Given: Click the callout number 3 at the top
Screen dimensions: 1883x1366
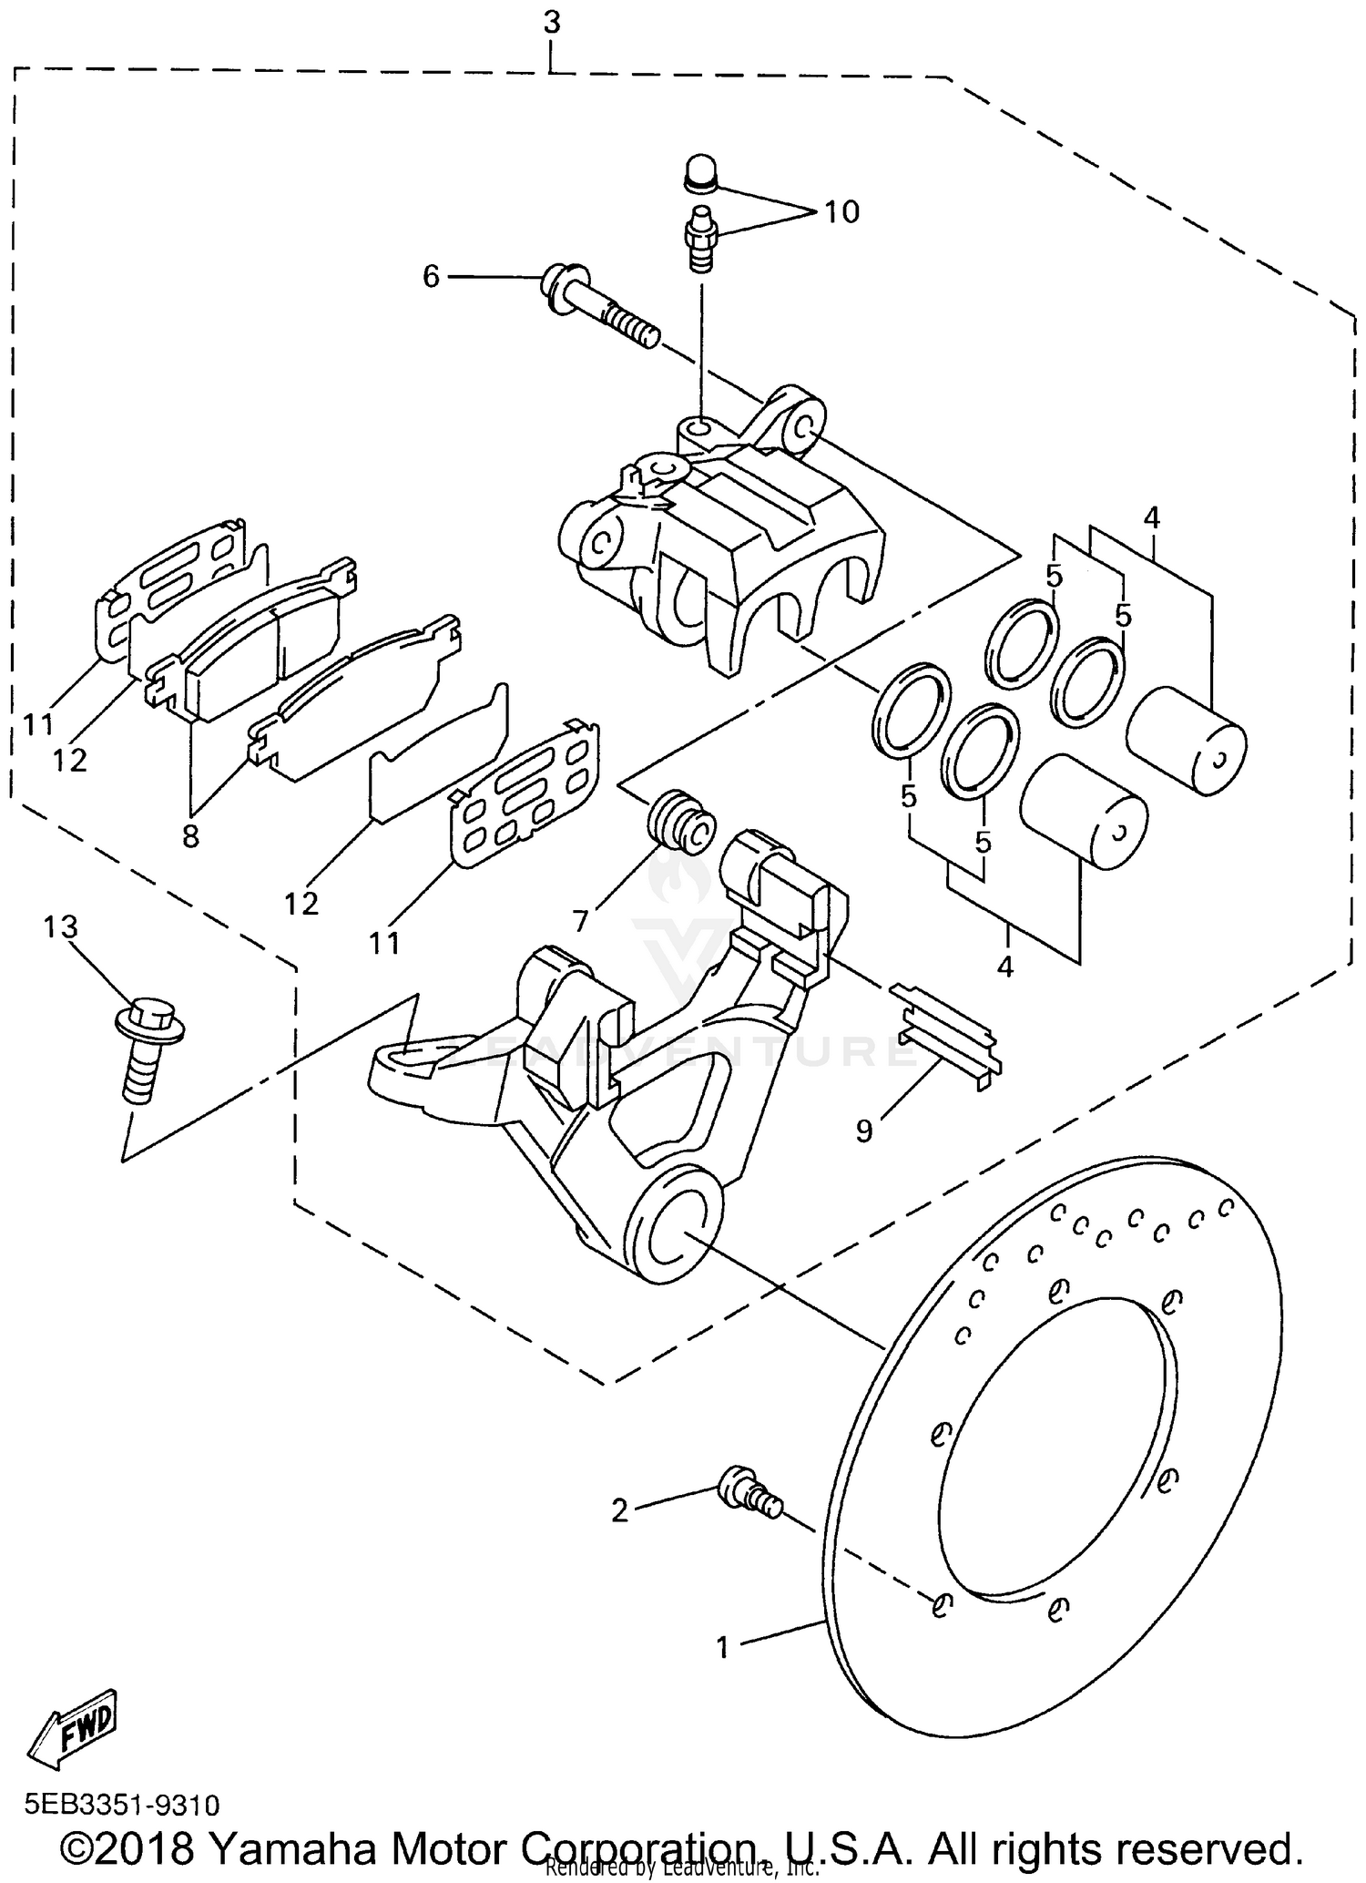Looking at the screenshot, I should pos(552,23).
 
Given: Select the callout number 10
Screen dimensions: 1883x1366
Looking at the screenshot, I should pos(841,212).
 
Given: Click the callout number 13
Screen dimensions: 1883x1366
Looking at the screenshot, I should pos(60,928).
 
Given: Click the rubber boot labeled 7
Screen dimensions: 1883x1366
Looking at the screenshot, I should pos(680,821).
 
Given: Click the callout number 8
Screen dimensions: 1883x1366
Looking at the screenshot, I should pos(190,835).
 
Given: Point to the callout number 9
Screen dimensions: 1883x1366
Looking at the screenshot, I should pos(864,1130).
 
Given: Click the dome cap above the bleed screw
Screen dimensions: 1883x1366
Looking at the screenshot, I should pos(700,174).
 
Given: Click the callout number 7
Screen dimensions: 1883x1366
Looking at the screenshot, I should pos(581,921).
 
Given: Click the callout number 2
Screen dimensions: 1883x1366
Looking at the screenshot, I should pos(620,1511).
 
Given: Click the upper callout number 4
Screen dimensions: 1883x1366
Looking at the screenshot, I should pos(1152,518).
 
